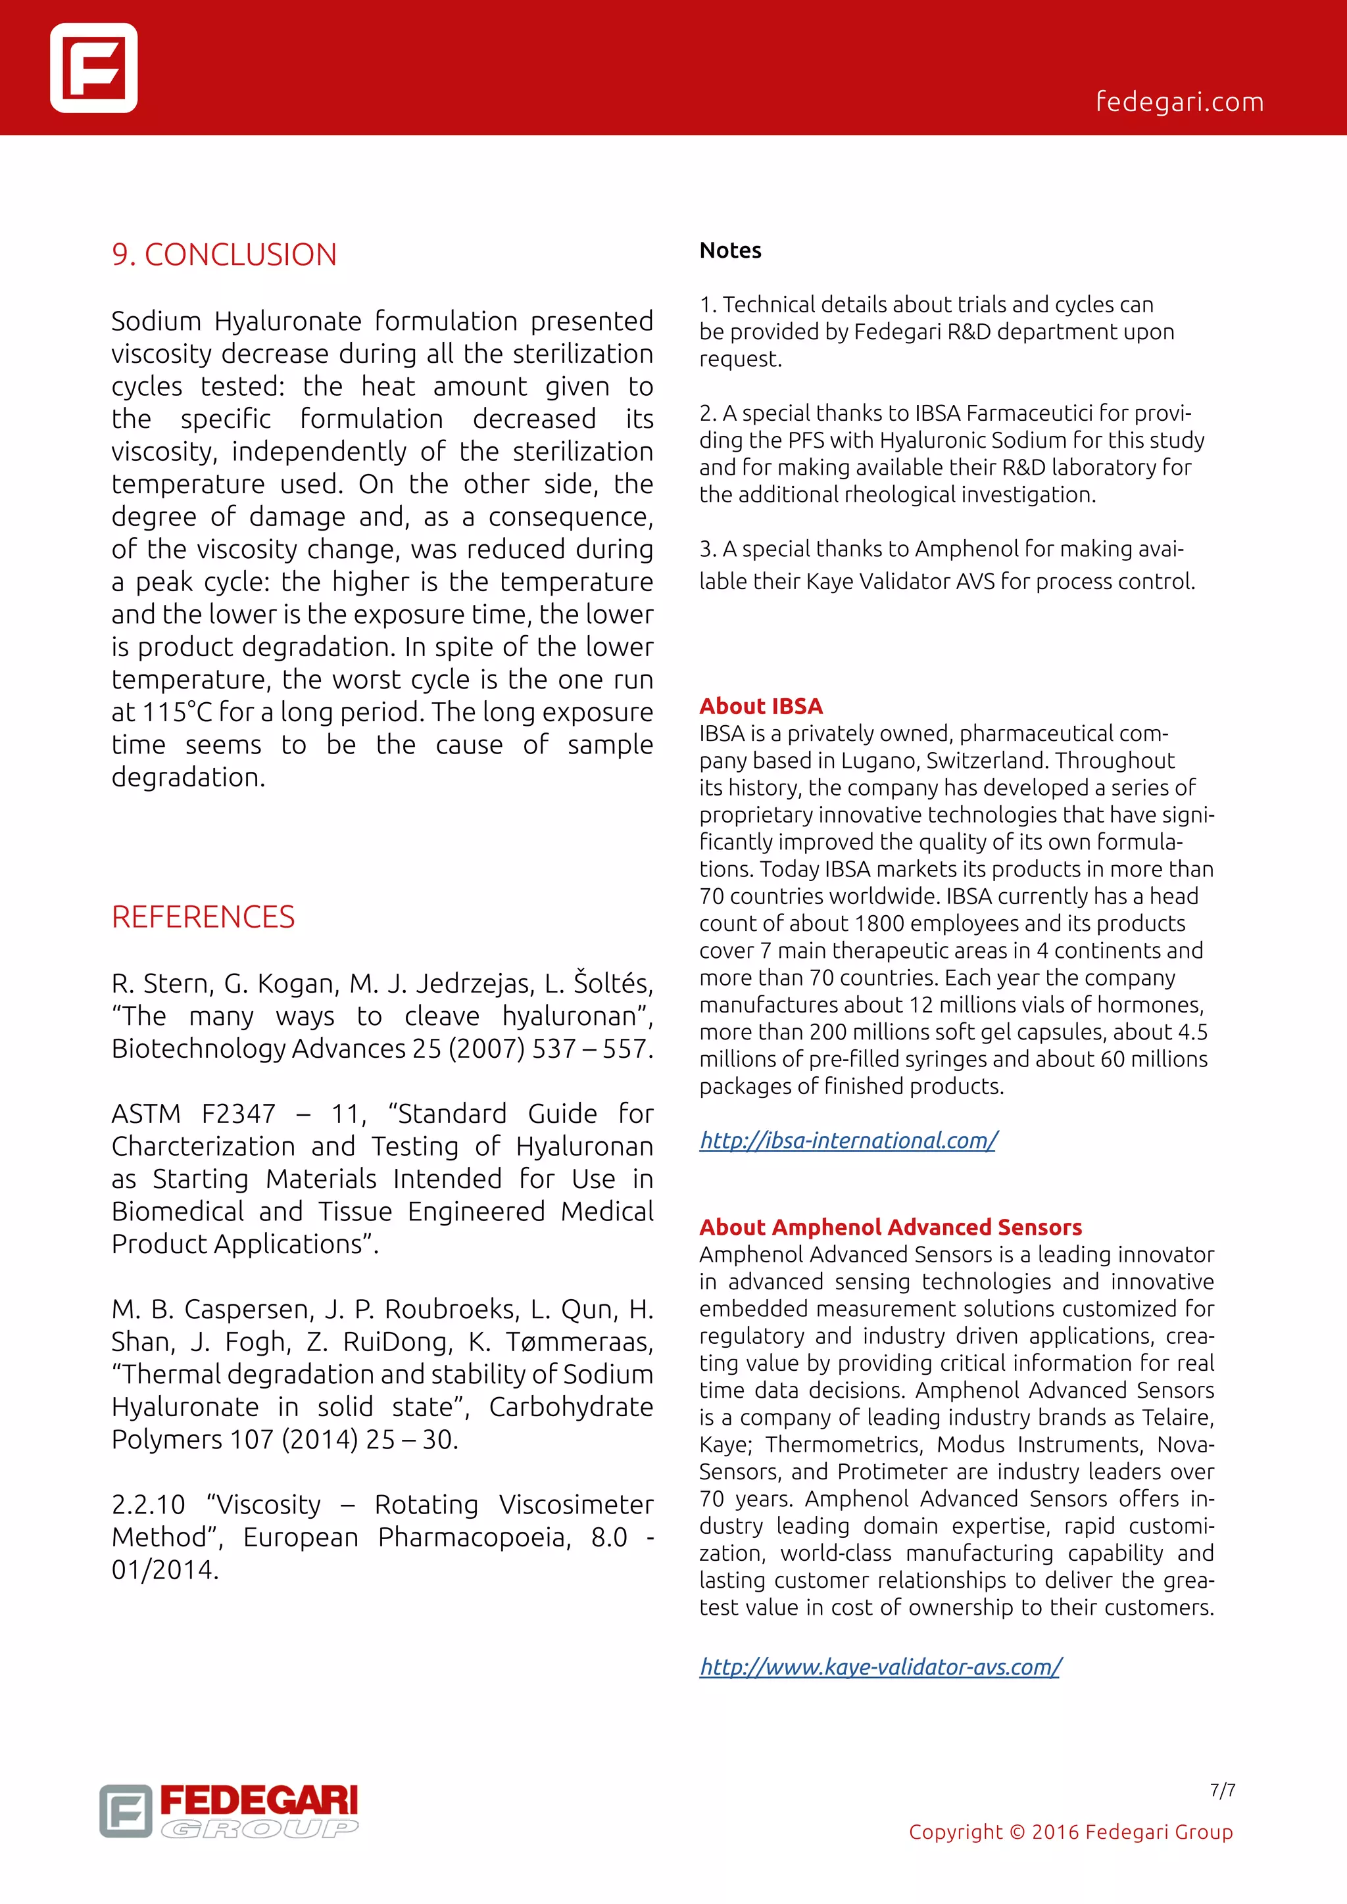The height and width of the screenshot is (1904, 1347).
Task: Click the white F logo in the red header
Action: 94,68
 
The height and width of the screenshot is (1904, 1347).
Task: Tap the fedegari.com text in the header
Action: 1179,102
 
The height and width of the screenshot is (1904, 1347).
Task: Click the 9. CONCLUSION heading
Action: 224,254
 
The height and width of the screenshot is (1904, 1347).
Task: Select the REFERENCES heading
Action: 203,917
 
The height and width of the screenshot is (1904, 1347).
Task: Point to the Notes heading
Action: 730,250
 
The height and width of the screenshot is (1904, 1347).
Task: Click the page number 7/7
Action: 1222,1790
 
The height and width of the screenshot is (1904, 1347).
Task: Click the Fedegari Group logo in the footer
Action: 229,1811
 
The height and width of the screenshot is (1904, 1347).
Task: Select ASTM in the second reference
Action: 146,1114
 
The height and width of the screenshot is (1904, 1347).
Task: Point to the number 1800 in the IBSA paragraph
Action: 879,923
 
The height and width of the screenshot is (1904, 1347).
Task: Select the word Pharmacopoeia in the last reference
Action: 473,1537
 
